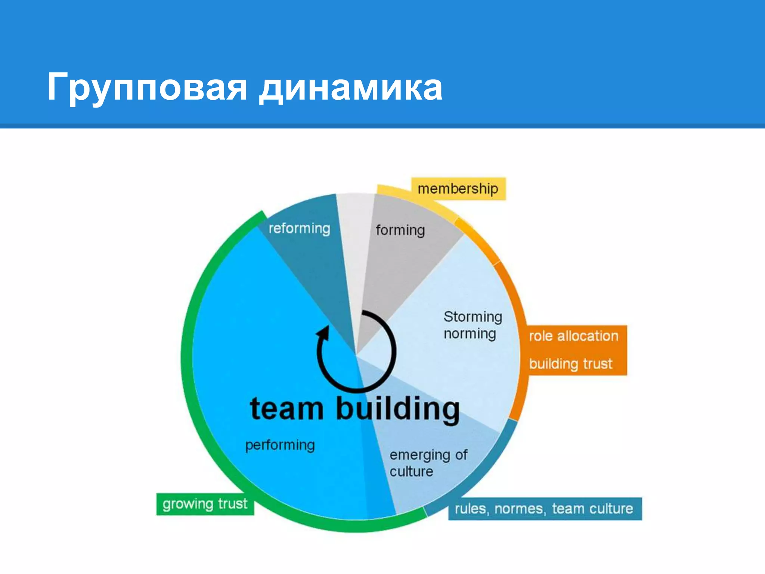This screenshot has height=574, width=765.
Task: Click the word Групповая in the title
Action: pyautogui.click(x=146, y=87)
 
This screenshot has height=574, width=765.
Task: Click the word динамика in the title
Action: pyautogui.click(x=351, y=87)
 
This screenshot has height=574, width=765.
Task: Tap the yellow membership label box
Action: pyautogui.click(x=458, y=189)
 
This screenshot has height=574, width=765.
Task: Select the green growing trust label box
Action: pyautogui.click(x=205, y=504)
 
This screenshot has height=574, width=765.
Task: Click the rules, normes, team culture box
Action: pyautogui.click(x=545, y=509)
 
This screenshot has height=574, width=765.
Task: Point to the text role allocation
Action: pyautogui.click(x=573, y=336)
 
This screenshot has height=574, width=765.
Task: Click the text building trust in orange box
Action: pyautogui.click(x=570, y=364)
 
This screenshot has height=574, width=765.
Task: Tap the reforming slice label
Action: pyautogui.click(x=299, y=228)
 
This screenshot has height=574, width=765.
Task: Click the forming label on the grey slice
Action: pyautogui.click(x=400, y=230)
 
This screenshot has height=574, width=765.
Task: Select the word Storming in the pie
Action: pyautogui.click(x=473, y=317)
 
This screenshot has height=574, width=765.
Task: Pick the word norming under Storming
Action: pyautogui.click(x=470, y=334)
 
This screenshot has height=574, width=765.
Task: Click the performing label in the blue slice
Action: pyautogui.click(x=280, y=445)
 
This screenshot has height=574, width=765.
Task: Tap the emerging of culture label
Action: pyautogui.click(x=428, y=463)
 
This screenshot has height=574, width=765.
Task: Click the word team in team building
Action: pyautogui.click(x=287, y=409)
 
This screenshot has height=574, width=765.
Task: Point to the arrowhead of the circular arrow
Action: pyautogui.click(x=323, y=332)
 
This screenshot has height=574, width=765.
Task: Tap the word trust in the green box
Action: pyautogui.click(x=232, y=504)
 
